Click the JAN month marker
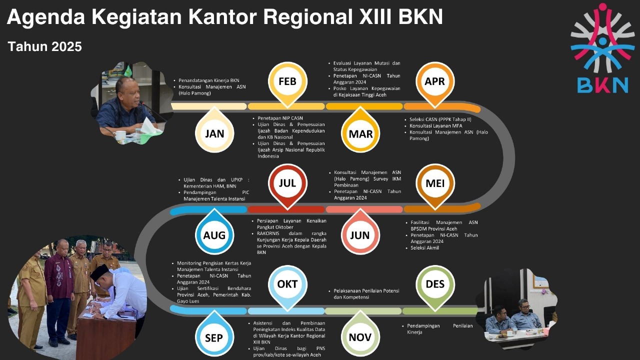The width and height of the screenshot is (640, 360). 214,133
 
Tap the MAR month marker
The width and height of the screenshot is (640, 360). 360,133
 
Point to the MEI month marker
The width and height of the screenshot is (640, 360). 434,183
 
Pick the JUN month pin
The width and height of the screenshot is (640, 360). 360,235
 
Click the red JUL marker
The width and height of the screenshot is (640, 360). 287,183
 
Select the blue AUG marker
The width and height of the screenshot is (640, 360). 214,235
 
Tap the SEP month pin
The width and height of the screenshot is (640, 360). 214,337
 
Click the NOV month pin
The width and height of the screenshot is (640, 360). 360,337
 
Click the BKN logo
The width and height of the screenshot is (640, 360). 602,50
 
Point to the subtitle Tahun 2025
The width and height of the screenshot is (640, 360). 45,46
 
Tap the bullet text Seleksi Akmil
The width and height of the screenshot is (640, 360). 425,247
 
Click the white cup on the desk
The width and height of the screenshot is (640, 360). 120,135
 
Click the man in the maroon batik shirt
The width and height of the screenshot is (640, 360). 59,290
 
